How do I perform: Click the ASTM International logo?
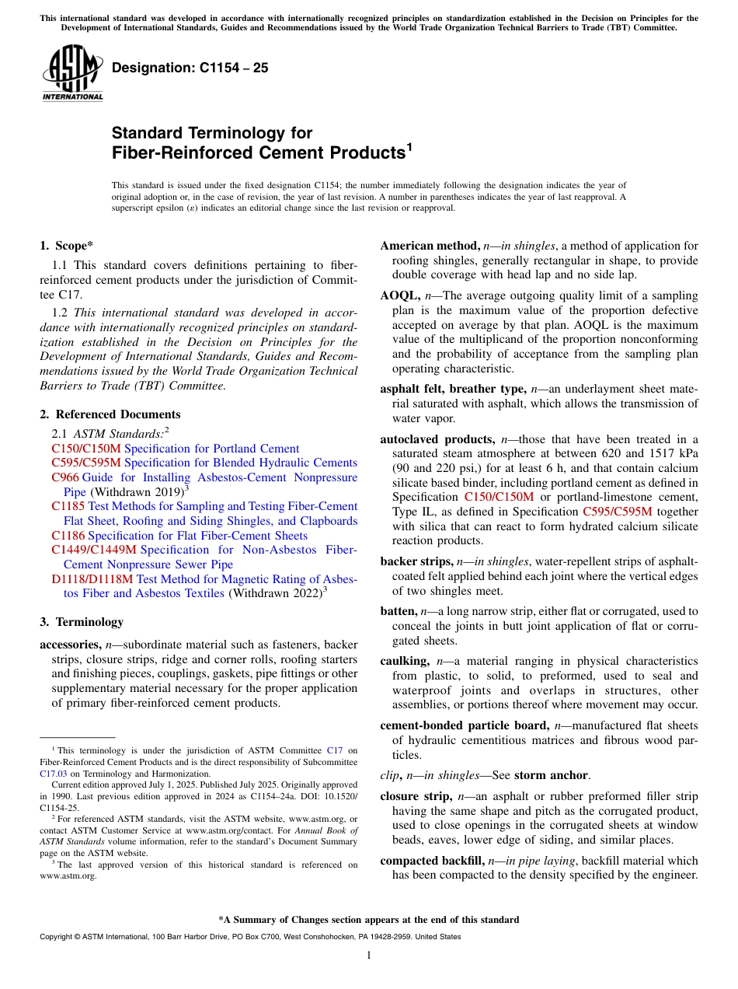click(71, 74)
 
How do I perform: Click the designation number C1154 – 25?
click(190, 68)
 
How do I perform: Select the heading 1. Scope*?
click(67, 246)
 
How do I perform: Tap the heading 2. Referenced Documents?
click(110, 414)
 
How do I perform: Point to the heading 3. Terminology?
click(82, 622)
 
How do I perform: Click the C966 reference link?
click(65, 477)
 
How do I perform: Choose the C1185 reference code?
click(68, 506)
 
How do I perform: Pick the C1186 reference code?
click(68, 536)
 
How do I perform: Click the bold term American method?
click(429, 246)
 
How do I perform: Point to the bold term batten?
click(397, 612)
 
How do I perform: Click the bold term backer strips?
click(416, 561)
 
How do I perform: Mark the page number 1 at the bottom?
click(369, 956)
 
